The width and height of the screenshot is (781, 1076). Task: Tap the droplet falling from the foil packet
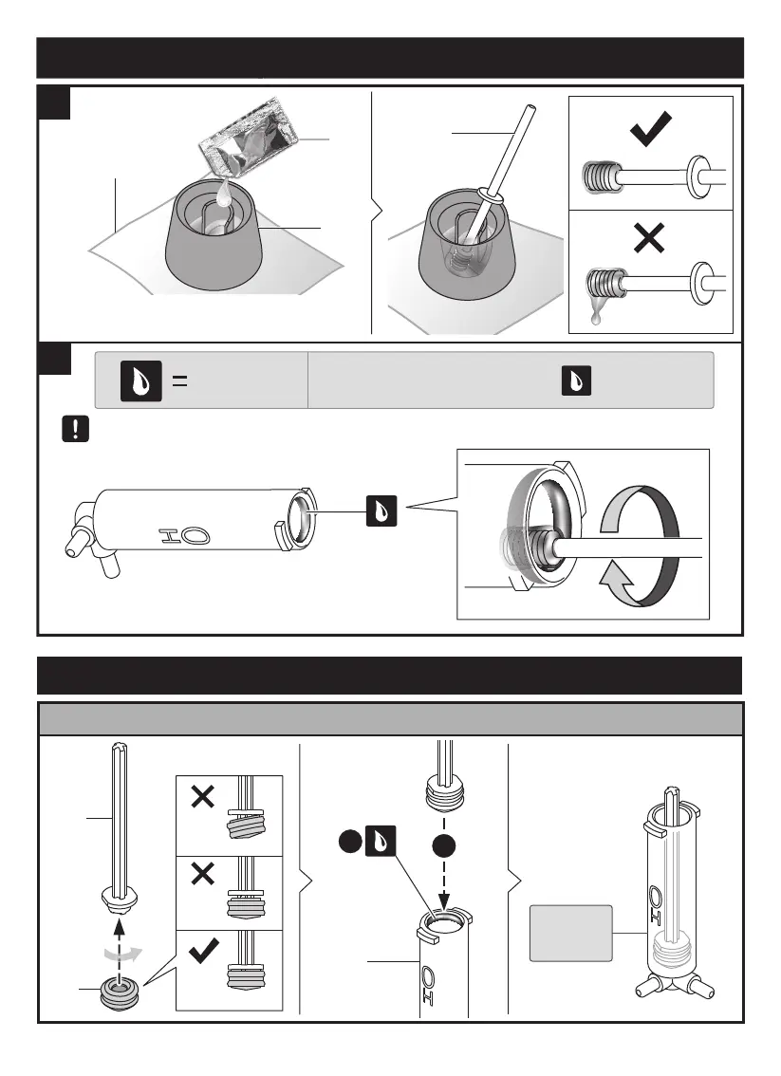click(x=224, y=195)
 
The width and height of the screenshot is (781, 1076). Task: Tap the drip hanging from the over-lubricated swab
click(x=595, y=320)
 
